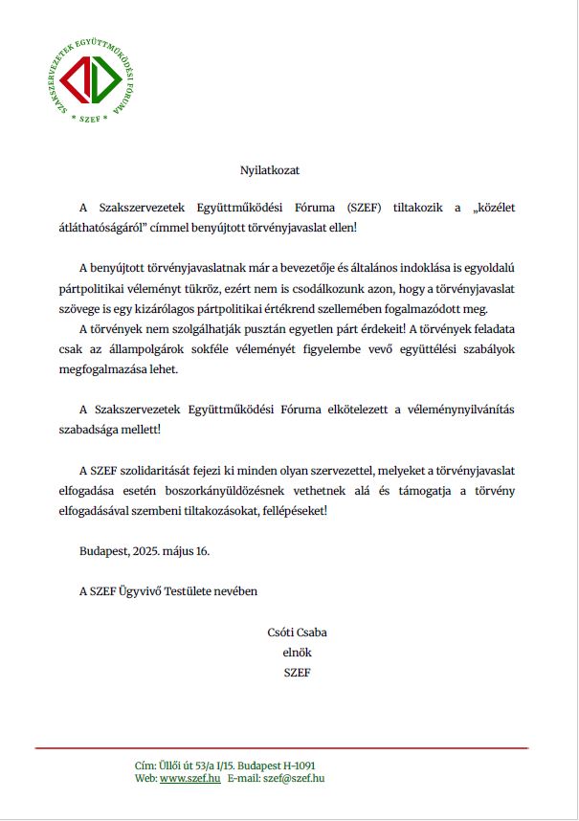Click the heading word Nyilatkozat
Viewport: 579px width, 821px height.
tap(270, 170)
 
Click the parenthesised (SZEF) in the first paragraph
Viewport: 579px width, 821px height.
tap(368, 208)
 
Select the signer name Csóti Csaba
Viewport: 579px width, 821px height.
tap(298, 632)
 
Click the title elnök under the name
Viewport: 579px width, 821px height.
tap(298, 653)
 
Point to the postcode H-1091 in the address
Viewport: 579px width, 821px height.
tap(293, 766)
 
